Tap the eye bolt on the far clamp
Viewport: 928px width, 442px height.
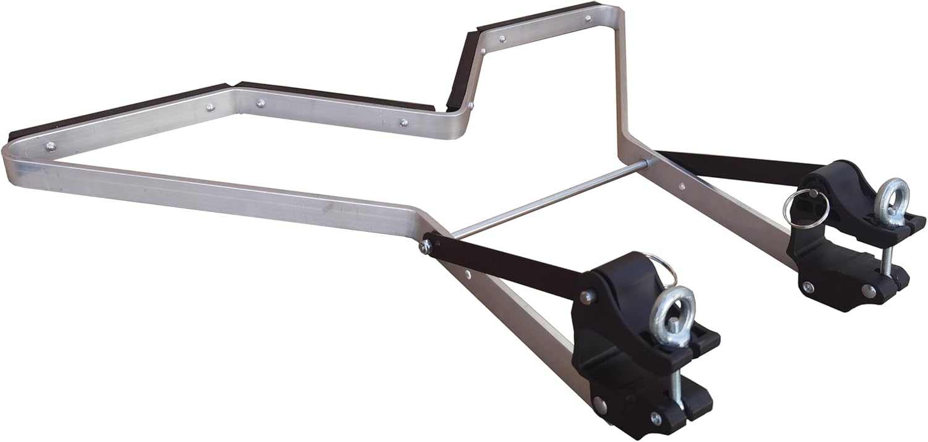891,201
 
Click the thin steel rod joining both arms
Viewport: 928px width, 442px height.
544,198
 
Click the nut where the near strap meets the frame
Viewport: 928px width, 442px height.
426,246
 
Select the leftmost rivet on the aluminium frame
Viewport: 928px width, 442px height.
50,147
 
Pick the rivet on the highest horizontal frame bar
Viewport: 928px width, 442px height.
502,38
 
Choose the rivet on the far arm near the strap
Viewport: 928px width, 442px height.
681,185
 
